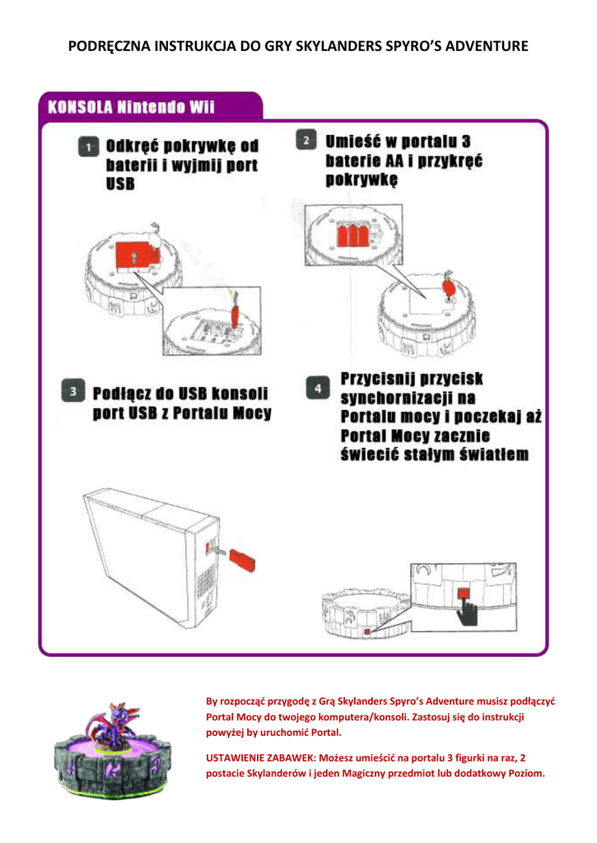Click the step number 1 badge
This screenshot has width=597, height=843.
(85, 147)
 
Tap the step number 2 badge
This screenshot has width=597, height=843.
(305, 140)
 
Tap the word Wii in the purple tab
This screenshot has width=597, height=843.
(202, 108)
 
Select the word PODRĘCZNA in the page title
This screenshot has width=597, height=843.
(105, 46)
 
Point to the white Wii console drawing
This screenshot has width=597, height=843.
(152, 560)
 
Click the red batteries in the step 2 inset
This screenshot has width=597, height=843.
(352, 234)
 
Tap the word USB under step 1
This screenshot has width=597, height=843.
(119, 184)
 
